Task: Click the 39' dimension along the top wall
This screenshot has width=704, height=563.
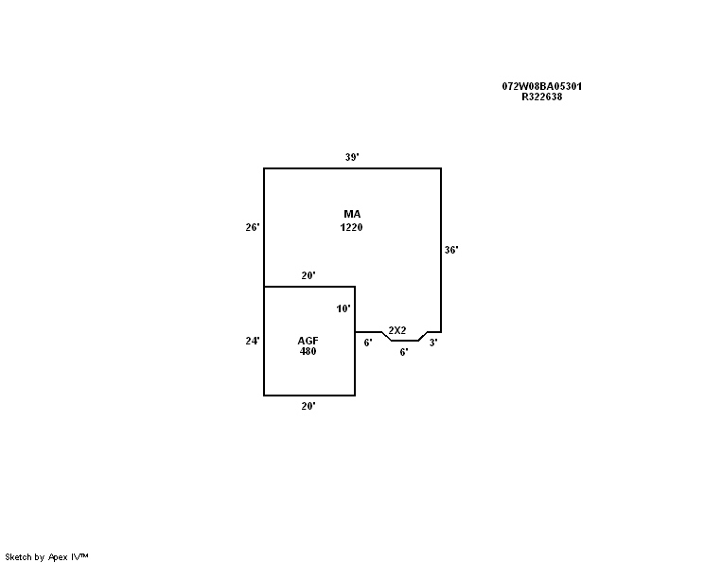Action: (x=351, y=158)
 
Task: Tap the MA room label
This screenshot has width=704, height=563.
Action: (x=352, y=215)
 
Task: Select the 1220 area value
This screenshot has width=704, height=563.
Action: (x=352, y=227)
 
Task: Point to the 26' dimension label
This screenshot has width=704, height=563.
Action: (x=252, y=227)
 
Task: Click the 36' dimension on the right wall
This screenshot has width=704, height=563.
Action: (x=451, y=250)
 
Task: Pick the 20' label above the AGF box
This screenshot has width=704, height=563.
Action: (x=308, y=276)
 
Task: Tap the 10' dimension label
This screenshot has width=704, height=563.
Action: (x=343, y=308)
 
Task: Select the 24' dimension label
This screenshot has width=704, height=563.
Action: (x=252, y=341)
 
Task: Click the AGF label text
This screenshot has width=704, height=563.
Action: (x=308, y=341)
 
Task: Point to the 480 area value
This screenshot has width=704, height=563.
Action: (x=308, y=351)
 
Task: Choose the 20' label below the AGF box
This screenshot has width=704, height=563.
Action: (x=308, y=406)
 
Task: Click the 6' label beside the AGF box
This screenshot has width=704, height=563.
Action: (x=368, y=343)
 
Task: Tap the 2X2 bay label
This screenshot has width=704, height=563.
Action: (x=397, y=330)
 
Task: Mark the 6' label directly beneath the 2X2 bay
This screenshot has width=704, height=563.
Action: (x=403, y=352)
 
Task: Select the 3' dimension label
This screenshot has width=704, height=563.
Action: (x=432, y=343)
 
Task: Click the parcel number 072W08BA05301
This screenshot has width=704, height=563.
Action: (x=541, y=86)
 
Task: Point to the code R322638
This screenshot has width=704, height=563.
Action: (x=541, y=97)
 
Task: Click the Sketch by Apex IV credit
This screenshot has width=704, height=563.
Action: (x=46, y=556)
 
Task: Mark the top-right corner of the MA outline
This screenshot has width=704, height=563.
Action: (x=441, y=168)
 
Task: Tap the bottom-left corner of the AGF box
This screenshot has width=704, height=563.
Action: (x=264, y=396)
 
